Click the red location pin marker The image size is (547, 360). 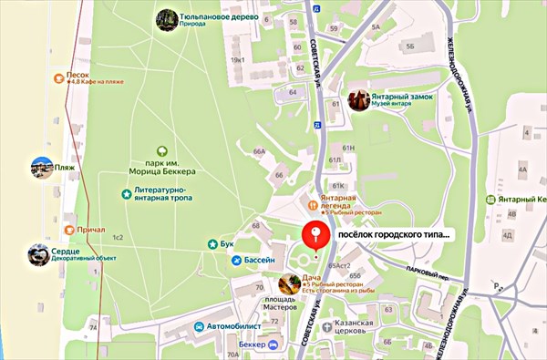(x=315, y=235)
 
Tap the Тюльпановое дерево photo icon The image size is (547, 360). (x=166, y=19)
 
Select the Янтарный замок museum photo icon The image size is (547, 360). (x=358, y=99)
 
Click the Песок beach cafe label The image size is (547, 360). (x=77, y=77)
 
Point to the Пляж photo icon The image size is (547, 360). (x=41, y=168)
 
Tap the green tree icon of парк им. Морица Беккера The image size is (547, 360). (x=162, y=151)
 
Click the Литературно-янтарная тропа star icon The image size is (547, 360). (x=126, y=193)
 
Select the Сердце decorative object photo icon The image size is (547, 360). (x=39, y=255)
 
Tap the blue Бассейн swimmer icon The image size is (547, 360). (x=236, y=261)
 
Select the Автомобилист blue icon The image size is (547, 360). (x=198, y=325)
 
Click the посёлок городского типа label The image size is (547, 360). (x=394, y=235)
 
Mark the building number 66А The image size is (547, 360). (x=259, y=151)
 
